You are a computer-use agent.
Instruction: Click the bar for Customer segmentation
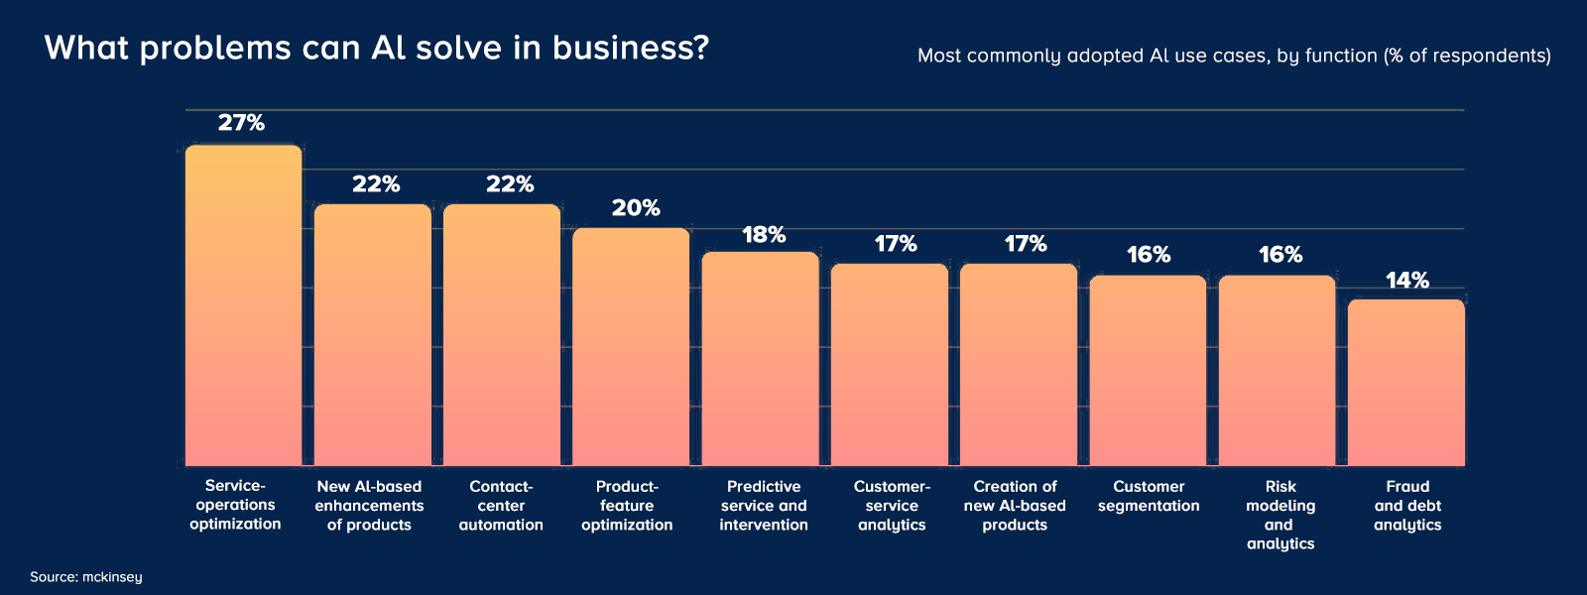coord(1148,371)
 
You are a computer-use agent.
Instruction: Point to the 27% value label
coord(241,123)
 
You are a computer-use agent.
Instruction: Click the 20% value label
coord(636,208)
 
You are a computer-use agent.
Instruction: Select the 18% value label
coord(764,235)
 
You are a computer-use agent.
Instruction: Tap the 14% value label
coord(1406,281)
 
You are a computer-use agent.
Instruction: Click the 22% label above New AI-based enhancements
coord(376,184)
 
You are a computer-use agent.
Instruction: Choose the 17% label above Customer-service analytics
coord(895,244)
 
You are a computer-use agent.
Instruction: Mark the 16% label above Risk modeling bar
coord(1280,255)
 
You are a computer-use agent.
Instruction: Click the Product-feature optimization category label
coord(627,506)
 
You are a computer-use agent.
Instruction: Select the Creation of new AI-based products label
coord(1015,506)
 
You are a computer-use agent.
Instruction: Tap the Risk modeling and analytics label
coord(1280,515)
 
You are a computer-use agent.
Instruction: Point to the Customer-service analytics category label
coord(892,506)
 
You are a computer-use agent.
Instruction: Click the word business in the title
coord(630,48)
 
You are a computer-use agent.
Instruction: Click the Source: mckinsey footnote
coord(86,577)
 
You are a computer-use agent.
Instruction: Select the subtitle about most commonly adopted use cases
coord(1234,56)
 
